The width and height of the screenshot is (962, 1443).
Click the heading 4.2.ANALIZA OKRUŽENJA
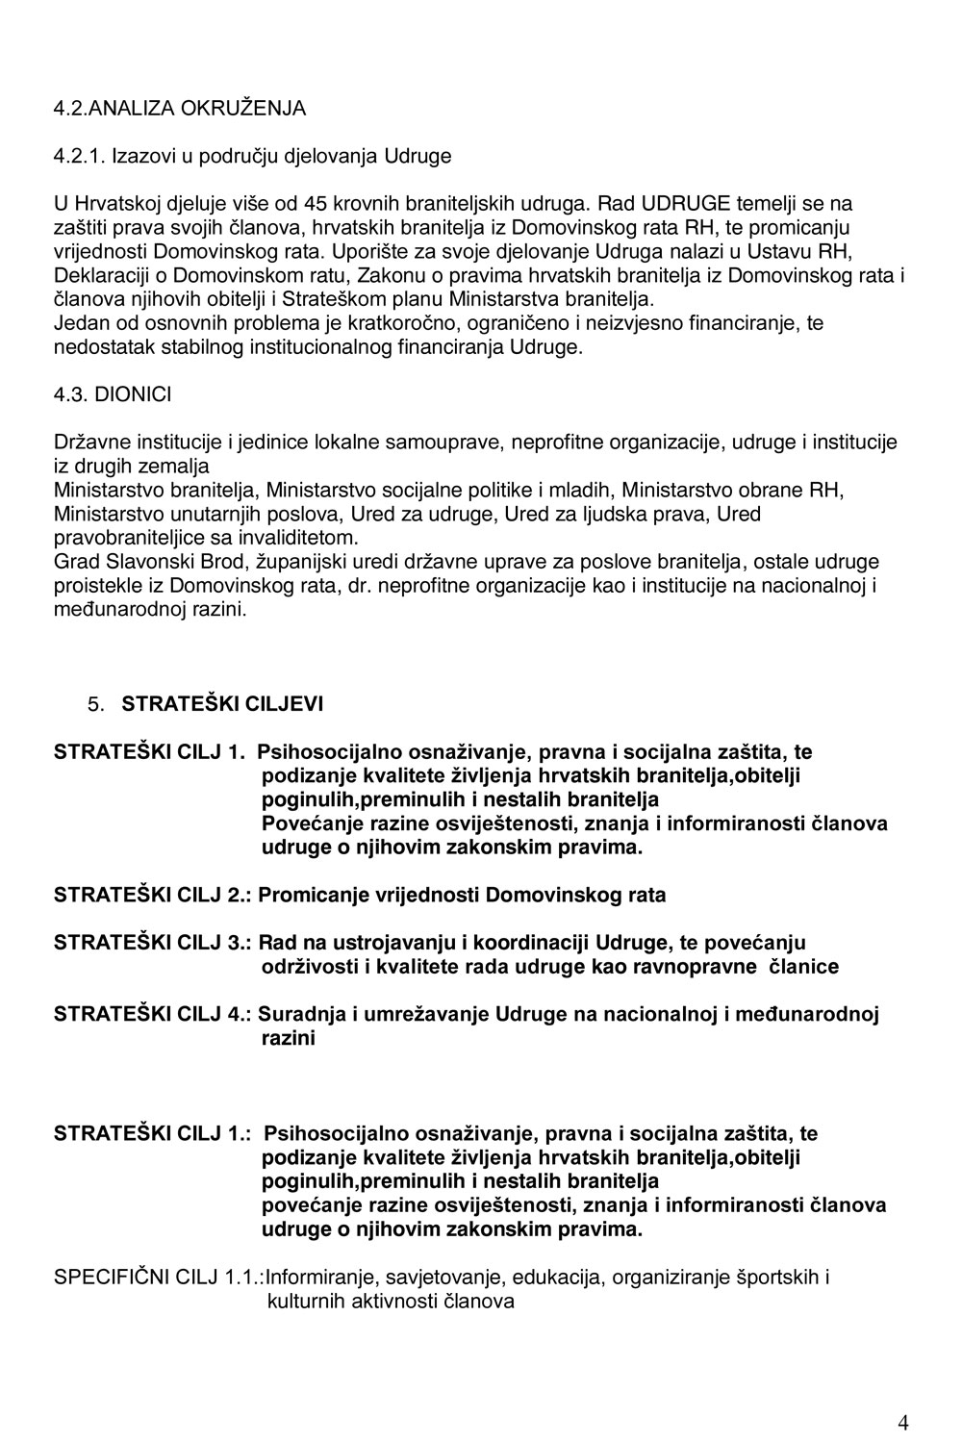coord(179,108)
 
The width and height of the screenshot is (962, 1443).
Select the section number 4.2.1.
coord(80,156)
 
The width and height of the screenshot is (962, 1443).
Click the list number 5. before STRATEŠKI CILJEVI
coord(95,705)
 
